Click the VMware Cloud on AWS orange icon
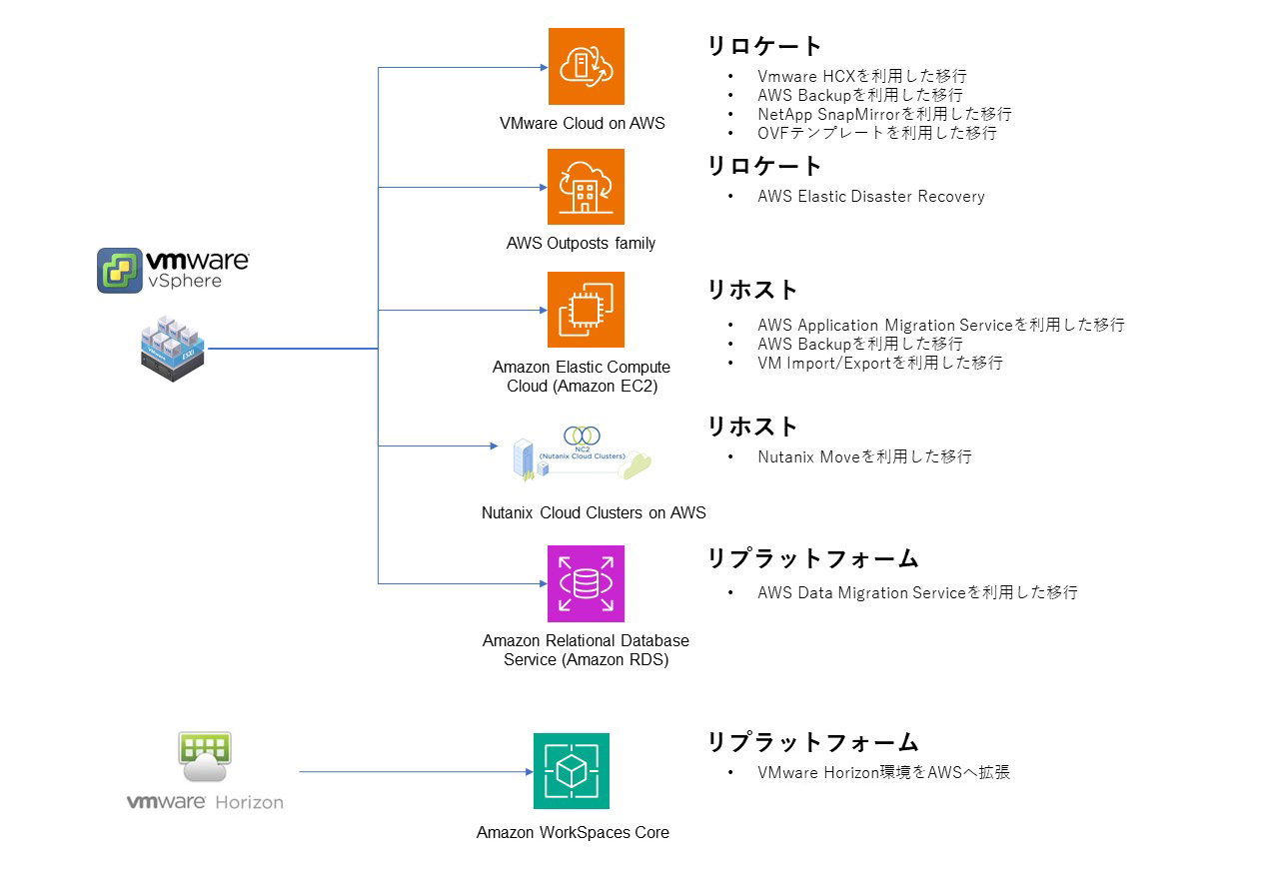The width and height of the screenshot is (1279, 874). coord(586,66)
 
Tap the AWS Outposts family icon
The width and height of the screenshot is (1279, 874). coord(586,187)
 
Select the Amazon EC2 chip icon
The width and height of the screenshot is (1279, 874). coord(586,310)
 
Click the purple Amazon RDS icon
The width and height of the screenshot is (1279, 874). coord(586,583)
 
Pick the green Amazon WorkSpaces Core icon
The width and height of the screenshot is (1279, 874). coord(571,771)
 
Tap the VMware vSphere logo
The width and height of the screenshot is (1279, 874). coord(173,270)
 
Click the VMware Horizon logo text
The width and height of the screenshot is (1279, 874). coord(205,801)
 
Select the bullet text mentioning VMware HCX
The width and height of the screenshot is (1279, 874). coord(861,76)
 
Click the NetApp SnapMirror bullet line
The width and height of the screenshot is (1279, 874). coord(883,114)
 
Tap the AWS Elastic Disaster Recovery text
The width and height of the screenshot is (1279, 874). coord(870,196)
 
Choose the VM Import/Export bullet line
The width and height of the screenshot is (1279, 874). coord(879,363)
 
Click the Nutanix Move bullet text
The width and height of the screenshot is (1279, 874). coord(863,456)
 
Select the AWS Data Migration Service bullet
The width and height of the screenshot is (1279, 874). coord(917,592)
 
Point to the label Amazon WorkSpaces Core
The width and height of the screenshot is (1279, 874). coord(573,832)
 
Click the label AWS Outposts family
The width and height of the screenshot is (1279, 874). coord(581,243)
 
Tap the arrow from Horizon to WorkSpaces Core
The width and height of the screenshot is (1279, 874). coord(414,771)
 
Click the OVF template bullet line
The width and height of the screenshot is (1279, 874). coord(876,133)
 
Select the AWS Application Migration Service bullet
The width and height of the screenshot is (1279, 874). coord(940,325)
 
